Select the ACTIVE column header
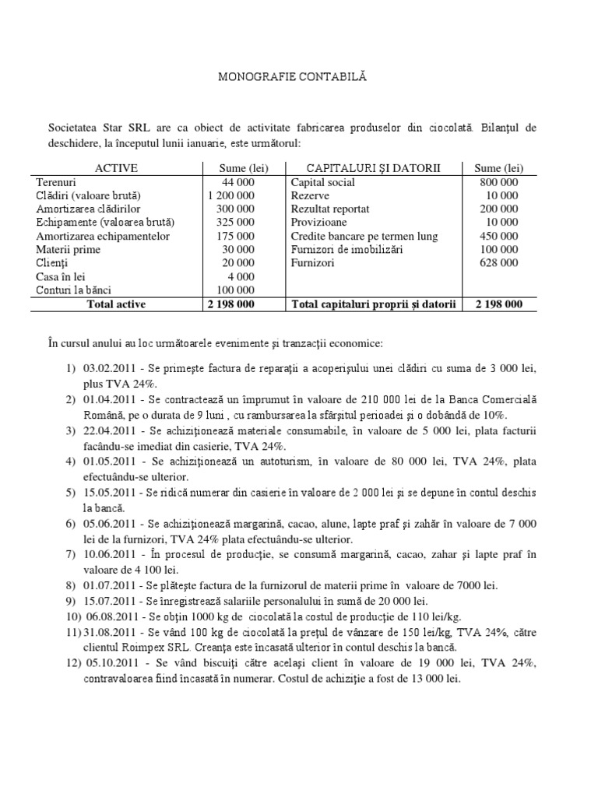click(116, 168)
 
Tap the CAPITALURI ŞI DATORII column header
click(373, 168)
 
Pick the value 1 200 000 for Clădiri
click(231, 195)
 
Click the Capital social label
click(322, 182)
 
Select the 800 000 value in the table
click(499, 182)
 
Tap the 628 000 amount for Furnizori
click(499, 263)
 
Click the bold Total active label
click(117, 304)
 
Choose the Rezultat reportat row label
click(330, 209)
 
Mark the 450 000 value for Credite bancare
click(499, 236)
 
